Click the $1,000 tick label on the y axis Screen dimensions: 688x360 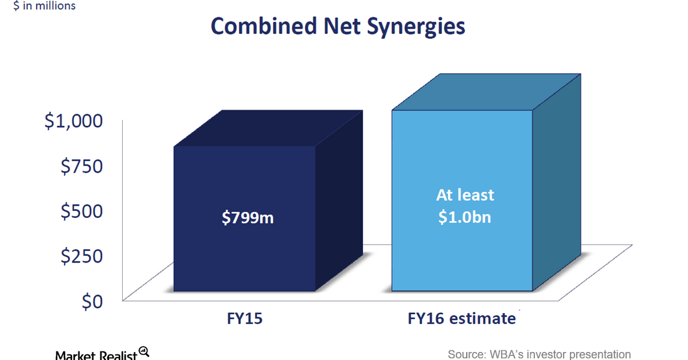tap(74, 121)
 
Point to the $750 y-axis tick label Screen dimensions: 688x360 tap(81, 166)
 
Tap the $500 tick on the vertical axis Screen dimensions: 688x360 tap(81, 211)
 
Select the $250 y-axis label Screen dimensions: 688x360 tap(81, 256)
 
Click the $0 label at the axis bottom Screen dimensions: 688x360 tap(92, 302)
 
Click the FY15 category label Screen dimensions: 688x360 tap(244, 318)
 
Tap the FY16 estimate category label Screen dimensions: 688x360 tap(462, 318)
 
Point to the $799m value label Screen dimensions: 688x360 tap(248, 218)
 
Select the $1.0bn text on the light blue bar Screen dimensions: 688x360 tap(464, 217)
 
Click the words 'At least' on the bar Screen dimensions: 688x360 tap(465, 195)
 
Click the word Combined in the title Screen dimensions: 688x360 tap(264, 26)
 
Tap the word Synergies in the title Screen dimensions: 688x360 tap(416, 27)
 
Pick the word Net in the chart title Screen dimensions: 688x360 tap(342, 26)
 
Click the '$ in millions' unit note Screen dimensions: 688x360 tap(44, 6)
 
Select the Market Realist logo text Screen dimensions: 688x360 tap(96, 355)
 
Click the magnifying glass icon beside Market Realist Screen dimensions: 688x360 tap(144, 352)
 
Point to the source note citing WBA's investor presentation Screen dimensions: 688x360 tap(539, 354)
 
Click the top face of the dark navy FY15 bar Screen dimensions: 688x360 tap(268, 128)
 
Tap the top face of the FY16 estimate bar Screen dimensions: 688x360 tap(486, 92)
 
